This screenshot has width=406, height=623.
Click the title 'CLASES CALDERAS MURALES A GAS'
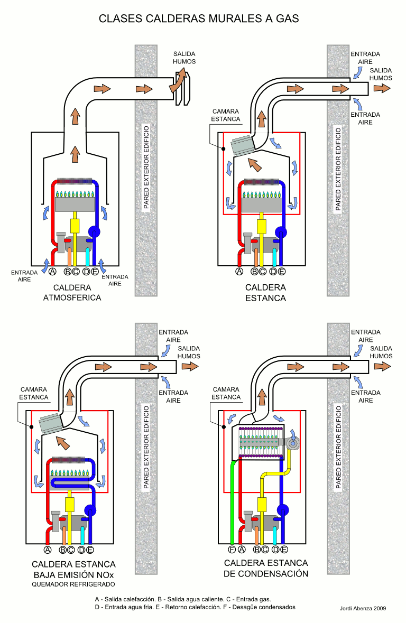point(199,18)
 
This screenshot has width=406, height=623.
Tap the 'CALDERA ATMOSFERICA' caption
point(72,292)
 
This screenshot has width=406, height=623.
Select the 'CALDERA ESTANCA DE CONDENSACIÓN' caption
point(265,568)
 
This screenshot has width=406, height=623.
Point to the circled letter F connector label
point(232,550)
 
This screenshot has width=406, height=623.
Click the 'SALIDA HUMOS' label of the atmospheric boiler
point(184,58)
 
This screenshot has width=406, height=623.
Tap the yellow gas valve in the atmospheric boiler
point(75,226)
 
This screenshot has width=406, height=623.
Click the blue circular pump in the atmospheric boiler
point(94,231)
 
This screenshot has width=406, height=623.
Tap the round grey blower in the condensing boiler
point(293,443)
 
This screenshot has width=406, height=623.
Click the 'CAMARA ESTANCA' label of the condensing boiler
point(226,393)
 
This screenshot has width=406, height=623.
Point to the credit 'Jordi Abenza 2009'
point(363,608)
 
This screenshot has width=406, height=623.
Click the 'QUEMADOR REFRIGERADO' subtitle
point(73,584)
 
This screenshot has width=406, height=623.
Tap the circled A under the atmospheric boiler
point(52,272)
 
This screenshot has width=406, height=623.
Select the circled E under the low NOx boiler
point(90,550)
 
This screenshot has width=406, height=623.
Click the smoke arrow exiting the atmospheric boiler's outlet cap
point(179,80)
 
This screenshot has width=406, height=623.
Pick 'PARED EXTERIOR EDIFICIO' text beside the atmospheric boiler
point(146,168)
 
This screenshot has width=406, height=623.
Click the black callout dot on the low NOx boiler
point(31,427)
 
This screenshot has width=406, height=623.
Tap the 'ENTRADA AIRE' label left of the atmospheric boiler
point(24,276)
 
